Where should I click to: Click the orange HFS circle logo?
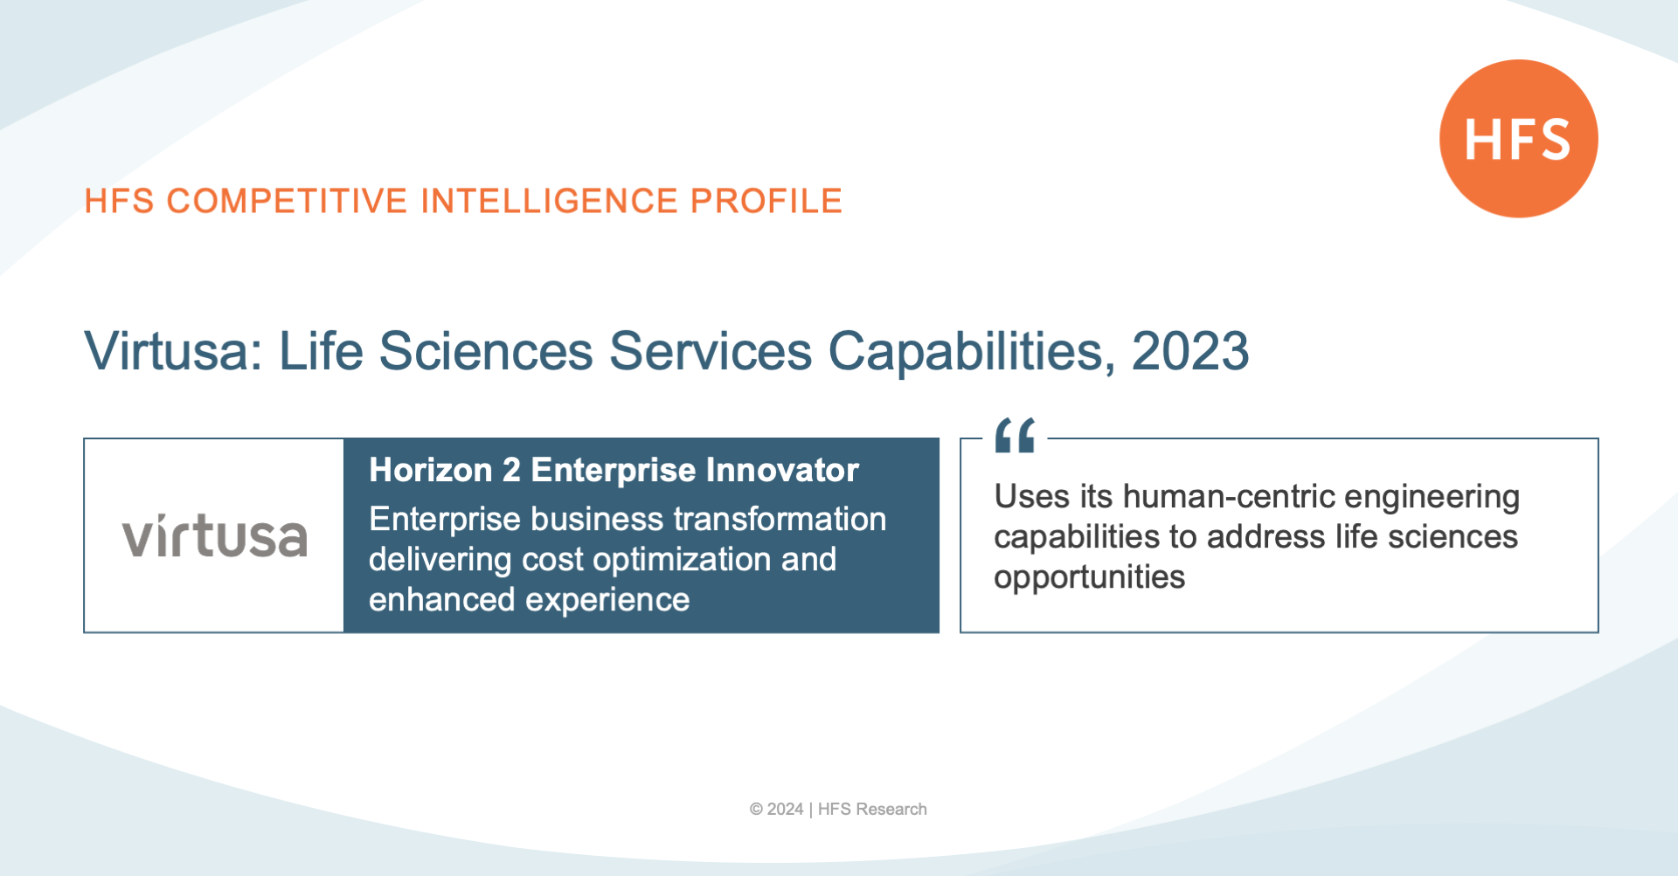[1519, 139]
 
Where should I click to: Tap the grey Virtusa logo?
[215, 535]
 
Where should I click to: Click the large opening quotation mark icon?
[1015, 435]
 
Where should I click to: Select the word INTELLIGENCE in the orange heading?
[549, 201]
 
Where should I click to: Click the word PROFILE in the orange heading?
[766, 201]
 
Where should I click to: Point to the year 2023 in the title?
[1190, 351]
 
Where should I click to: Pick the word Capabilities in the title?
[971, 351]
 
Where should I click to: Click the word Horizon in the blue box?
[431, 470]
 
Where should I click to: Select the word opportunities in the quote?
[1089, 578]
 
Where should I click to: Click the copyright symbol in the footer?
[756, 810]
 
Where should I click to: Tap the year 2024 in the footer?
[785, 810]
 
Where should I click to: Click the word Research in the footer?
[891, 810]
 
